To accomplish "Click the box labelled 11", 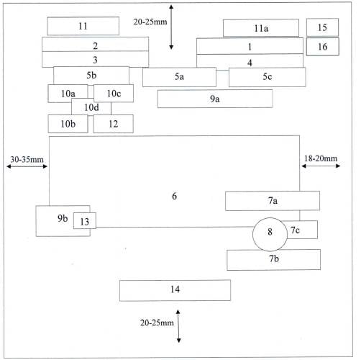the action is (x=83, y=26).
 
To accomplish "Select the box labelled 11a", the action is (x=261, y=28).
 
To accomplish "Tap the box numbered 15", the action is (x=322, y=27).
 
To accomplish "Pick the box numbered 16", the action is (x=322, y=47).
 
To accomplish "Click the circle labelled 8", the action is (x=270, y=235).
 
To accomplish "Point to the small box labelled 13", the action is (x=85, y=220).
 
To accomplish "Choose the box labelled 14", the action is (x=175, y=290).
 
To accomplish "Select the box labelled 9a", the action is (x=215, y=99).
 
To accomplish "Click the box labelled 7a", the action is (x=273, y=201).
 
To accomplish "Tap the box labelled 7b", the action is (x=273, y=260).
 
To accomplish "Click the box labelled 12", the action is (x=114, y=124).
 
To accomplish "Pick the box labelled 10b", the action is (x=68, y=124).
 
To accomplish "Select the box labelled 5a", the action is (x=179, y=77).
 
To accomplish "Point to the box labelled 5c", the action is (x=268, y=77).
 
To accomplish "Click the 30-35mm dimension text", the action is (x=27, y=160).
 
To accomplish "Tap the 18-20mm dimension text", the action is (x=321, y=158).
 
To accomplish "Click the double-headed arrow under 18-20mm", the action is (x=321, y=166).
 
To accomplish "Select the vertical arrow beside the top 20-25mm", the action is (x=171, y=27).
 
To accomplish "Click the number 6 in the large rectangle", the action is (x=175, y=196).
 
